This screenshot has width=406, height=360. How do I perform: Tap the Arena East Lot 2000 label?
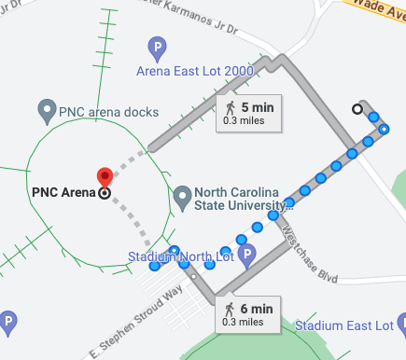[x=193, y=70]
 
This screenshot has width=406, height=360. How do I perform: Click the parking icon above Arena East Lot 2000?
[x=158, y=46]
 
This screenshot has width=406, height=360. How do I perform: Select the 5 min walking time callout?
[x=249, y=113]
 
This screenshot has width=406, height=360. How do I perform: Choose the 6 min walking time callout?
[x=248, y=313]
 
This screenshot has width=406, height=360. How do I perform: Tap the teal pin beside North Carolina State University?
[x=183, y=198]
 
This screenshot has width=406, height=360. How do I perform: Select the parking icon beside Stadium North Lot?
[x=247, y=254]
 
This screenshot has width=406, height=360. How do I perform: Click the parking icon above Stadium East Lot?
[x=401, y=325]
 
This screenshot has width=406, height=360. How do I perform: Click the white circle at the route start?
[x=357, y=109]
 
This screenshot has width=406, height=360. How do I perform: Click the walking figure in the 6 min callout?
[x=231, y=309]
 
